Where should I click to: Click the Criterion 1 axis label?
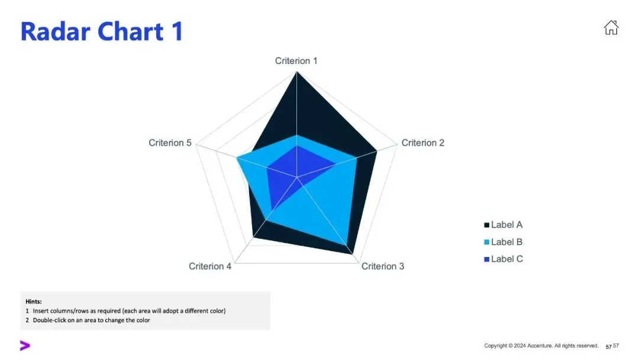point(296,61)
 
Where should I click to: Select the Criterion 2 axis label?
point(422,143)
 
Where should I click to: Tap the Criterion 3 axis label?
point(383,266)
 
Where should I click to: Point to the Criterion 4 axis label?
point(210,266)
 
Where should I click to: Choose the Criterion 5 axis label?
point(170,143)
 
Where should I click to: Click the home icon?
point(611,27)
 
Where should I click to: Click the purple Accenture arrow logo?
point(25,346)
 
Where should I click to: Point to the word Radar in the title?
point(56,31)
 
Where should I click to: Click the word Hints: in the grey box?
point(34,301)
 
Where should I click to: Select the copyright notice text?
point(541,346)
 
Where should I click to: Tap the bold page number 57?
point(608,346)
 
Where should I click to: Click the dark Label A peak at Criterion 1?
point(296,73)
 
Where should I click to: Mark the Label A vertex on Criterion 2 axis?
point(377,152)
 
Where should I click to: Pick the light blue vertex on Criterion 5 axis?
point(237,158)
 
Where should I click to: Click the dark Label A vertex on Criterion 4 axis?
point(253,237)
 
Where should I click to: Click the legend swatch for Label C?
point(487,259)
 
